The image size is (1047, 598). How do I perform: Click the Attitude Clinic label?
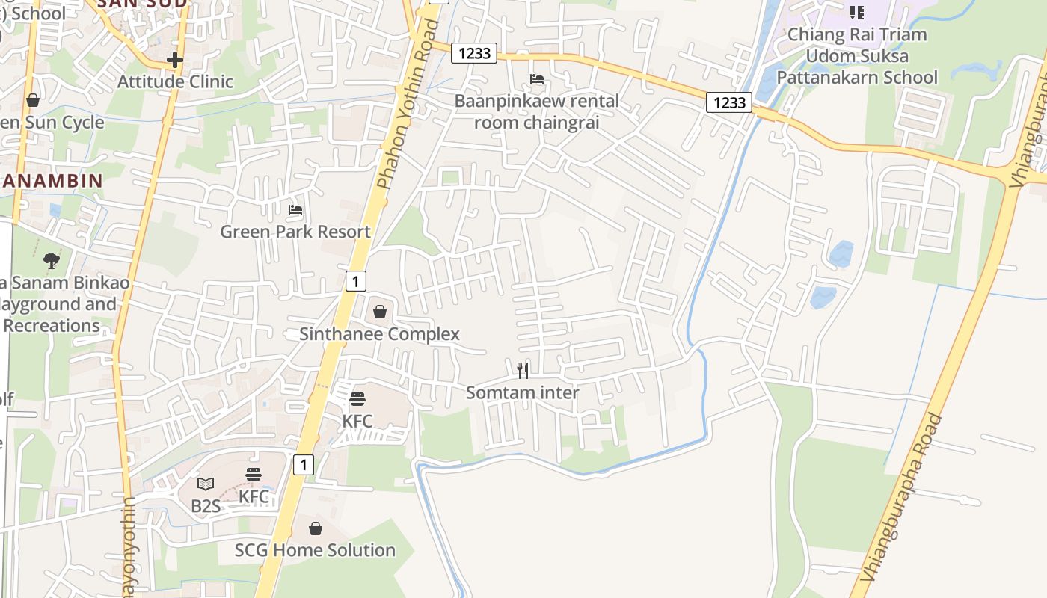[x=175, y=81]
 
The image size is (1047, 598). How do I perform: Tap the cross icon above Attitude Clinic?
[x=175, y=60]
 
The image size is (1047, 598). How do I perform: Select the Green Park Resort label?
[x=295, y=232]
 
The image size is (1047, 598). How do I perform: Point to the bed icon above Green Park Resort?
[x=295, y=210]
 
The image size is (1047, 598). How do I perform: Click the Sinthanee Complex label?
[x=379, y=334]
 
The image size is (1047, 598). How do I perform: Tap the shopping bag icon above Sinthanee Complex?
[x=380, y=312]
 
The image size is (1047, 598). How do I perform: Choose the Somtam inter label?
[x=522, y=392]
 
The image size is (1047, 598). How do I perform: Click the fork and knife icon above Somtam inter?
[x=523, y=370]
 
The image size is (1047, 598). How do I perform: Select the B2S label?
[x=206, y=506]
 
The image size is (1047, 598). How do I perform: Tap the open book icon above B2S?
[x=206, y=484]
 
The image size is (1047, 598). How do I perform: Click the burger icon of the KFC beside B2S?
[x=254, y=475]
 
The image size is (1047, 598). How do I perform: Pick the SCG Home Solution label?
[x=315, y=550]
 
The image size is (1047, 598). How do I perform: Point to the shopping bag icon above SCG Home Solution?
[x=316, y=528]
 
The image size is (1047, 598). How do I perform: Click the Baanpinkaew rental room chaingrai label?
[x=537, y=111]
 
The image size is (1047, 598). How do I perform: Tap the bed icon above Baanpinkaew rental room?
[x=537, y=79]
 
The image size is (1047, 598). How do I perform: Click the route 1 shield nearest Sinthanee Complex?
[x=356, y=281]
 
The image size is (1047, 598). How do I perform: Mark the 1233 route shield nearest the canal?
[x=728, y=102]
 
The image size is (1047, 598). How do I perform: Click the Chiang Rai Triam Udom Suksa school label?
[x=856, y=56]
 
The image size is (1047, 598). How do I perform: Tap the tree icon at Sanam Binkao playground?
[x=52, y=261]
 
